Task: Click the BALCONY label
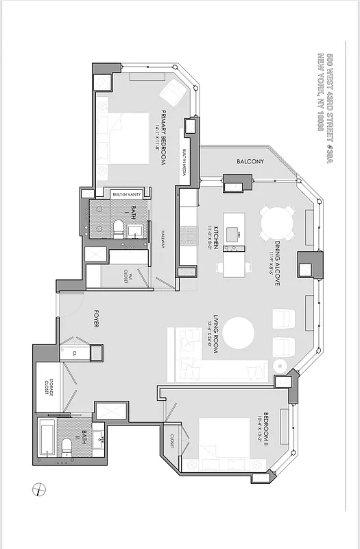click(250, 162)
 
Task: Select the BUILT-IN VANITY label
click(127, 194)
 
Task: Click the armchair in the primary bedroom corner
click(173, 91)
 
